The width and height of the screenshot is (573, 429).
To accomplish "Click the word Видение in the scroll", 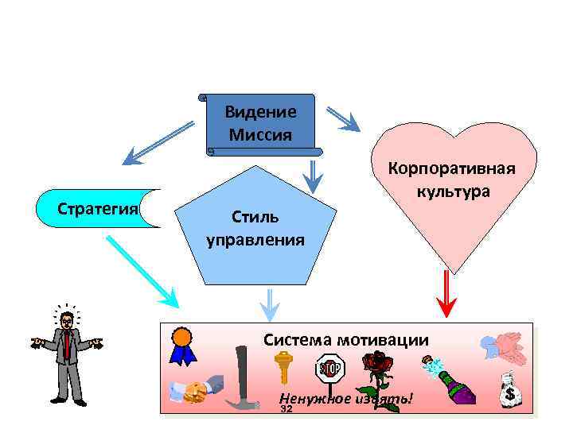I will tap(260, 112).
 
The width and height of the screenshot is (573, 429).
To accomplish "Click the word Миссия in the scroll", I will tap(260, 133).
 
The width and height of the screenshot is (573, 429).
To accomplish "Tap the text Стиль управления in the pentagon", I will tap(255, 228).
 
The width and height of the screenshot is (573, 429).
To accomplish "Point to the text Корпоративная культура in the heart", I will tap(451, 180).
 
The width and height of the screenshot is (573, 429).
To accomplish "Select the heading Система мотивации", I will tap(346, 340).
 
